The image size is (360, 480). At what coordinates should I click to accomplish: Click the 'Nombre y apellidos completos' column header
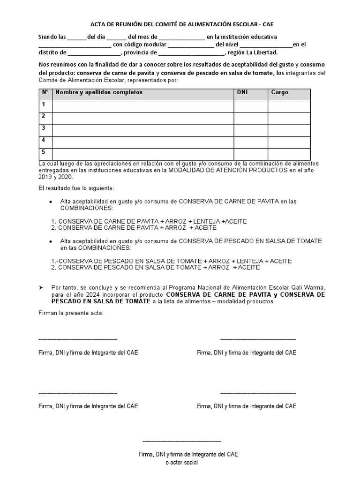click(99, 92)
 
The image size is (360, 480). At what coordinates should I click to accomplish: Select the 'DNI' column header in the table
click(242, 92)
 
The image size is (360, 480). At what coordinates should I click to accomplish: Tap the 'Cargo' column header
click(280, 92)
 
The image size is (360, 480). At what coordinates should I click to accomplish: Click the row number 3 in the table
click(43, 128)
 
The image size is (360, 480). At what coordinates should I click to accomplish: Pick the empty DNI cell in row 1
click(251, 107)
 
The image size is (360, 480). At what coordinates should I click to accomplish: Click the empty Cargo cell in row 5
click(289, 154)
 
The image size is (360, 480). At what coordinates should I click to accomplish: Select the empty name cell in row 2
click(143, 119)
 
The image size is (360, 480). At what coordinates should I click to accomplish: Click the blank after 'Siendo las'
click(77, 37)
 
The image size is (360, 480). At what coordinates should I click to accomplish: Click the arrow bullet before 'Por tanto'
click(41, 287)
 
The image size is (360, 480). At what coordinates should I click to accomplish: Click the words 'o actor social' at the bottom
click(182, 463)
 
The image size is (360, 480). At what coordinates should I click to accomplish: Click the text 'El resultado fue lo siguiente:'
click(76, 188)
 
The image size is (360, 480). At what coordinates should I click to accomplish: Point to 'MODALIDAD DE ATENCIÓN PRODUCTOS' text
click(228, 170)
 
